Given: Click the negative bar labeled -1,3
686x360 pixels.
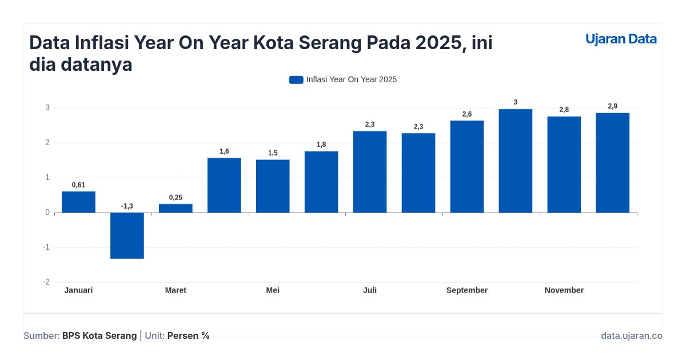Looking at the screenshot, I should [x=127, y=235].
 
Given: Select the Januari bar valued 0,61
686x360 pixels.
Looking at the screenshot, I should [x=78, y=202].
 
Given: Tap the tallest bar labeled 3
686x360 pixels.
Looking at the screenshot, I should [x=515, y=161].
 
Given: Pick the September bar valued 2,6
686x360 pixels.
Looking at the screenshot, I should [x=467, y=167].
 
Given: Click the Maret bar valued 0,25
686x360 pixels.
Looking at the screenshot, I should [x=176, y=209].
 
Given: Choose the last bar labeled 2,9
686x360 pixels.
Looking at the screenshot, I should [x=612, y=163].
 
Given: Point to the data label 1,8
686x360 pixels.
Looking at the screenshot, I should [x=321, y=145].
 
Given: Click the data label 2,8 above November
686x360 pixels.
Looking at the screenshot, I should [x=564, y=110].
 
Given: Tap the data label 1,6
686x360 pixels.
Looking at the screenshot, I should [x=224, y=151].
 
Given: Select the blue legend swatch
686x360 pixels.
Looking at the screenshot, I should [x=296, y=80].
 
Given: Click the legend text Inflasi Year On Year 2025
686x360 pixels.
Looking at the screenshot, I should [x=351, y=80].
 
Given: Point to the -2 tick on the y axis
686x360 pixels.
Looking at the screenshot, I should [x=46, y=282].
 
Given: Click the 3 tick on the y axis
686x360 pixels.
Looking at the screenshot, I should [x=47, y=108].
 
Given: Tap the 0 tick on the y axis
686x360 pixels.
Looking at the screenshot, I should [x=47, y=213].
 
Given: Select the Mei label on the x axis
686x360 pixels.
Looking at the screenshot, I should [x=273, y=290].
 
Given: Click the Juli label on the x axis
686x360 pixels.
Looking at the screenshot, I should [x=370, y=290].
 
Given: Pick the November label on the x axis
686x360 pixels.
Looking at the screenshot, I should [x=564, y=290].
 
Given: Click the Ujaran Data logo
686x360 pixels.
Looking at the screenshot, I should [x=621, y=39].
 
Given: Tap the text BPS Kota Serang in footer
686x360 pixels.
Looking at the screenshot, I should [x=99, y=336].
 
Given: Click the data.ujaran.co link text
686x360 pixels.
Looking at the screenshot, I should [x=631, y=336].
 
